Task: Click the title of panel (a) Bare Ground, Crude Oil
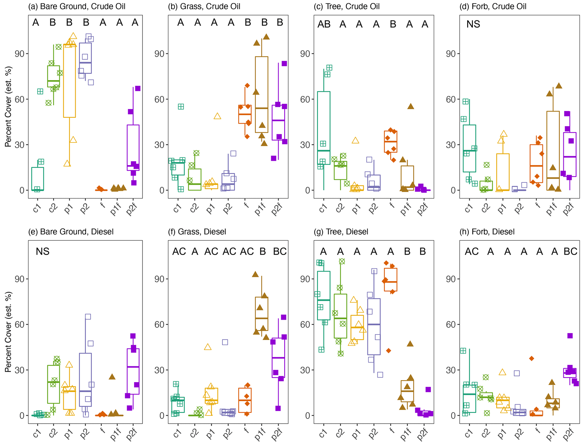pos(77,6)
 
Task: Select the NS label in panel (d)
pos(473,24)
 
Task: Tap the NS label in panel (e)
pos(43,251)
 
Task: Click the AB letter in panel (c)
pos(324,24)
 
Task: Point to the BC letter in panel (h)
pos(570,251)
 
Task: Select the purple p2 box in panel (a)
pos(85,58)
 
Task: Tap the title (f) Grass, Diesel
pos(197,232)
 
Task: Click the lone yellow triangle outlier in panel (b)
pos(217,116)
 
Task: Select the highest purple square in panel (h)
pos(570,336)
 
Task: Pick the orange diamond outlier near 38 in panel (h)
pos(532,359)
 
